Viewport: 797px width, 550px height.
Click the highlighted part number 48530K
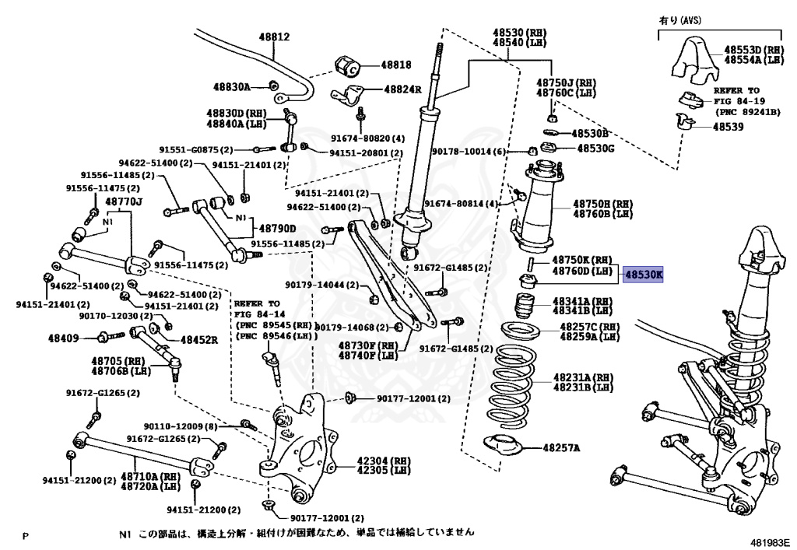tap(642, 275)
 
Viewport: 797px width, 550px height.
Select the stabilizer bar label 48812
tap(274, 37)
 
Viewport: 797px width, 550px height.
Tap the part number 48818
tap(396, 65)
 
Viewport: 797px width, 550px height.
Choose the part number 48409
tap(63, 338)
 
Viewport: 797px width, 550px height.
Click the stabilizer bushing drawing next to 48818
tap(346, 64)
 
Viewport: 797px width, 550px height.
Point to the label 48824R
tap(402, 89)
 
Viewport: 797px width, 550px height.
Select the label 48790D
tap(277, 229)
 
